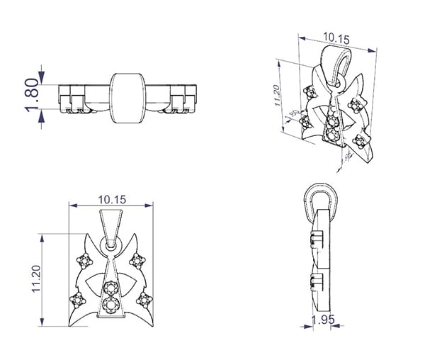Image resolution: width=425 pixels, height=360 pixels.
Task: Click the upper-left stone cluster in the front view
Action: (86, 261)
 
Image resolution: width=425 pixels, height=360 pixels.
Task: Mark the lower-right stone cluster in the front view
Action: (144, 299)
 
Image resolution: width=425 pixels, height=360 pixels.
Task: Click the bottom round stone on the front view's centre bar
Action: (110, 305)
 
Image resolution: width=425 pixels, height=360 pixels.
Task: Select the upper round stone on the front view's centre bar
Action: (110, 288)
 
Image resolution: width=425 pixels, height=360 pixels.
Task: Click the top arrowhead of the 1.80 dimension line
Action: (44, 71)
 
